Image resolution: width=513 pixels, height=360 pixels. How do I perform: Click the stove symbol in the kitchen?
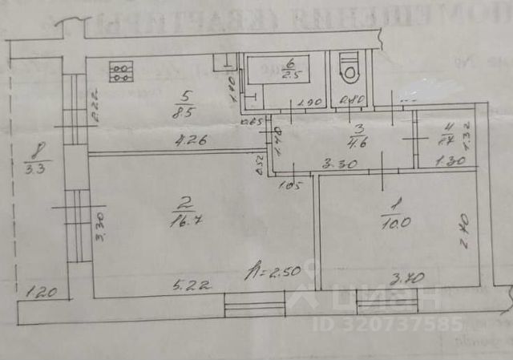click(x=122, y=73)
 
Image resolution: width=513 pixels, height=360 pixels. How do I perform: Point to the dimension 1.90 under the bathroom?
click(x=309, y=103)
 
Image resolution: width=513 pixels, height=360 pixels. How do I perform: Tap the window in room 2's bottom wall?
click(x=254, y=305)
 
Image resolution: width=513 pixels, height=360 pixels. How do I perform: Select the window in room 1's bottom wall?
click(x=386, y=303)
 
